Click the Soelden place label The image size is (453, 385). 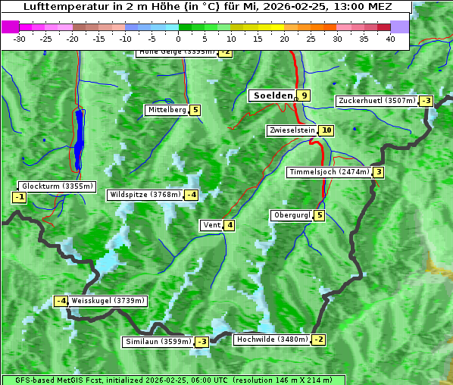[x=272, y=95]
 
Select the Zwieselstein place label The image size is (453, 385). [x=292, y=131]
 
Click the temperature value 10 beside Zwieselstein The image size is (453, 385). [x=326, y=131]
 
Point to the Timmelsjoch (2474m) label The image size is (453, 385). [x=329, y=172]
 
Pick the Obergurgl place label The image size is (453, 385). [x=292, y=215]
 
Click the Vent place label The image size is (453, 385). [x=211, y=225]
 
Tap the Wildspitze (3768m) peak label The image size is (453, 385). [x=145, y=195]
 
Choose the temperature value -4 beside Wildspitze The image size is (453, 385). [x=192, y=195]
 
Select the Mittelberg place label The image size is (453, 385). [x=167, y=110]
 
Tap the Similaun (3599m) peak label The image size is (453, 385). [x=158, y=342]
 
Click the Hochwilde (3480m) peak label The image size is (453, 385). [x=271, y=340]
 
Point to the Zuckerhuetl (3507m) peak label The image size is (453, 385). [x=377, y=101]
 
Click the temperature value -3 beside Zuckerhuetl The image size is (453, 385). [x=426, y=101]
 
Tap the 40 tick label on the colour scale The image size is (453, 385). [x=390, y=38]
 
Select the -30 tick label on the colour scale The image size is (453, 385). [x=20, y=38]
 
